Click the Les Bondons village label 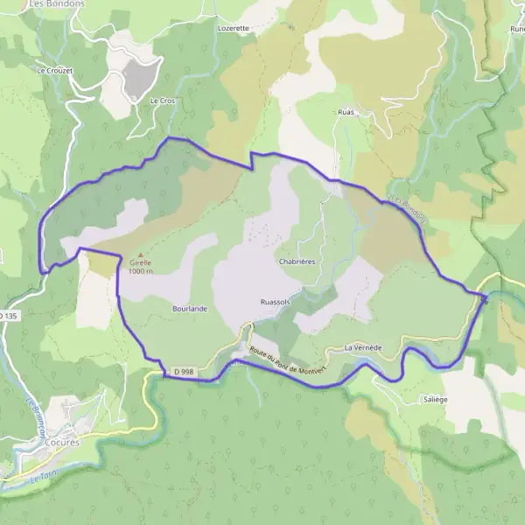(56, 3)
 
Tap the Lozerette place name (233, 28)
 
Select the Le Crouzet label (52, 69)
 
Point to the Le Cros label (163, 101)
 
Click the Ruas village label (346, 113)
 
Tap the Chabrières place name (296, 261)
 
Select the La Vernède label (363, 347)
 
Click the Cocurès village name (62, 443)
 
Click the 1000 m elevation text (140, 271)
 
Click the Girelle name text (139, 262)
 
